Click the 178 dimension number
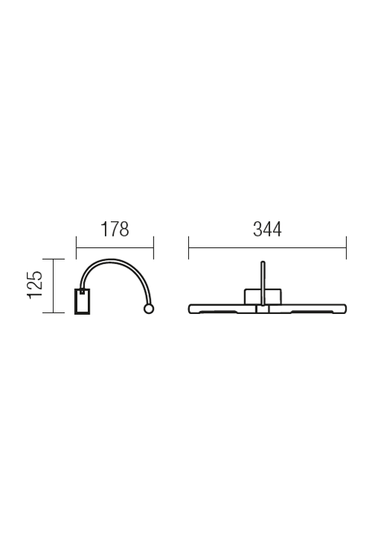(115, 230)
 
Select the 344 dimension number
(267, 230)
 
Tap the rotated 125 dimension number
(35, 285)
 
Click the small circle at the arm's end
(148, 309)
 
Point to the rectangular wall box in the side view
(83, 301)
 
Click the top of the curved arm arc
(111, 260)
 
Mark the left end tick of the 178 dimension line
(77, 247)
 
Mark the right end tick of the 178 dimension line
(153, 247)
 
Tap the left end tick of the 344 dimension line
(188, 247)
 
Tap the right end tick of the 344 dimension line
(346, 247)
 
